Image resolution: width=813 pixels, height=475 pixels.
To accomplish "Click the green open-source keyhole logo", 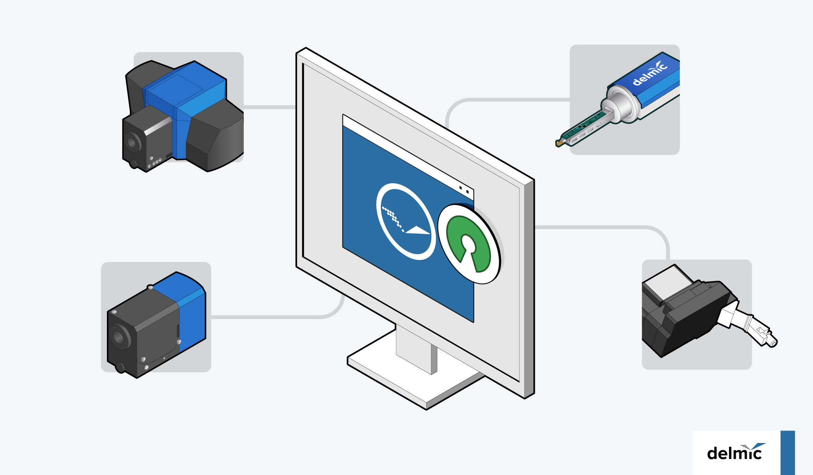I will (469, 243).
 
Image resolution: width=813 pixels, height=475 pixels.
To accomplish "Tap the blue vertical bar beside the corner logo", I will (787, 452).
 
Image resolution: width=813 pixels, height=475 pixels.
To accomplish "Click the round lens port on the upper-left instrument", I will (132, 142).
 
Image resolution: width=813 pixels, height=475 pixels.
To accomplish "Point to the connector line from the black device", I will (602, 227).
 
